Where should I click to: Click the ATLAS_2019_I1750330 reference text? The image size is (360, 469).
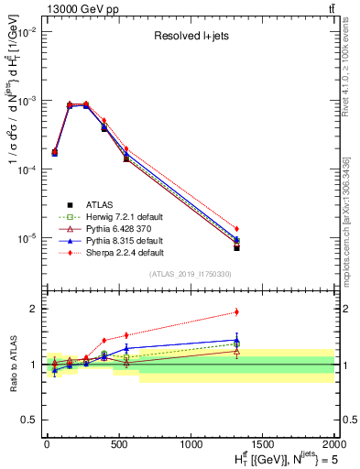point(189,274)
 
